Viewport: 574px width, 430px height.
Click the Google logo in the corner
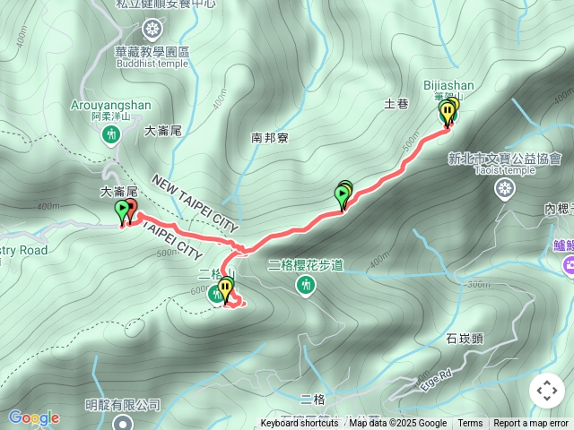(33, 418)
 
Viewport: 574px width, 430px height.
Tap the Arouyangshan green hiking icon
(111, 134)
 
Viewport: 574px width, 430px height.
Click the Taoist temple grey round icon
(506, 188)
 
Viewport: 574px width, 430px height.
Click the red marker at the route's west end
(131, 211)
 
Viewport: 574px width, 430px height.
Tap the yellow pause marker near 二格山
(226, 289)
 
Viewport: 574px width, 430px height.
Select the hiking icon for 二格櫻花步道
(307, 284)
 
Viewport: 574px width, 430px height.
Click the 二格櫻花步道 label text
(306, 264)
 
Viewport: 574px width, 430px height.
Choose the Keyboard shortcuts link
(300, 424)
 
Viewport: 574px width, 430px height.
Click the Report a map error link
(530, 424)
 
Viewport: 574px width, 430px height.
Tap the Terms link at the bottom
(470, 424)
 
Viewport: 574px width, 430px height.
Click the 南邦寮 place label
(269, 138)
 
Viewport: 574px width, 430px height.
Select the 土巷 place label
(396, 105)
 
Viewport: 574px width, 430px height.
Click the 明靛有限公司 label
(123, 405)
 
